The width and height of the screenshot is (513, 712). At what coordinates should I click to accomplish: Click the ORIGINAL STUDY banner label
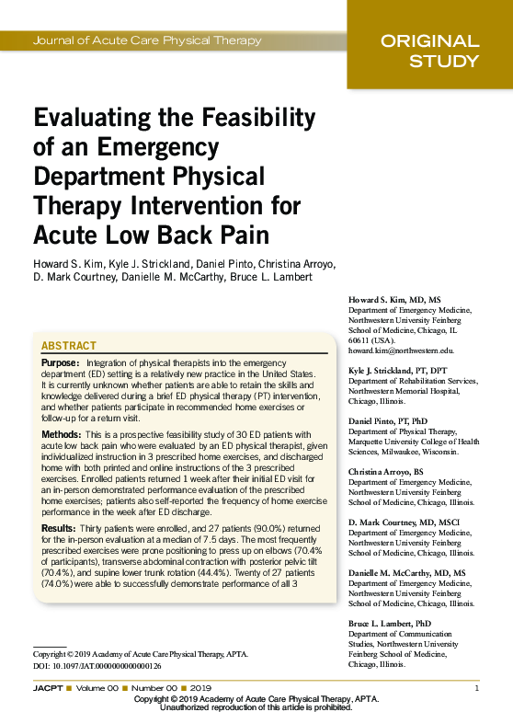coord(429,52)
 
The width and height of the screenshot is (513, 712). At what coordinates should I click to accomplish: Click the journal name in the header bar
coord(147,40)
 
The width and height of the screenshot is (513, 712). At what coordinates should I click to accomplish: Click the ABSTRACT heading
coord(69,346)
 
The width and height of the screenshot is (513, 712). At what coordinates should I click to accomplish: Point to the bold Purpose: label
coord(61,363)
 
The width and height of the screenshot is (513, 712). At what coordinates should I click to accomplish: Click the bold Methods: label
coord(63,432)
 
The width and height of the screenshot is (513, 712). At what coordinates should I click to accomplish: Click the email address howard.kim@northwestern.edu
coord(401,350)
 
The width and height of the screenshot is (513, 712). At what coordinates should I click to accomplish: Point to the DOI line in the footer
coord(97,665)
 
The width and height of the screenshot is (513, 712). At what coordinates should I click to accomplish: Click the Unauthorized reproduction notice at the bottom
coord(256,707)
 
